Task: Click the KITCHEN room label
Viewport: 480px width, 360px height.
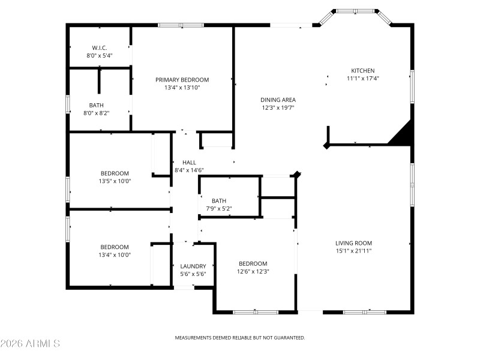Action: (x=362, y=70)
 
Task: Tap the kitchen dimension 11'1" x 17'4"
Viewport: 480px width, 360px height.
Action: (x=362, y=78)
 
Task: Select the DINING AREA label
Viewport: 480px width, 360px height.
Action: (x=278, y=100)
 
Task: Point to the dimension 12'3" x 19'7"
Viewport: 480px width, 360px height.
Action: (x=278, y=108)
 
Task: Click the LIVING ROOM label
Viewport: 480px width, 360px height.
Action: (x=353, y=243)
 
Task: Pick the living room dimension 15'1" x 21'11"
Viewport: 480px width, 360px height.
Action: (x=353, y=251)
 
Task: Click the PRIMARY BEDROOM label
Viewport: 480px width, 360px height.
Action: (x=182, y=80)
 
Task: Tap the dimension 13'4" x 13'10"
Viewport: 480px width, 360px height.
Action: (x=182, y=88)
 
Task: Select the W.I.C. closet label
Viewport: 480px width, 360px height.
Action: (x=100, y=47)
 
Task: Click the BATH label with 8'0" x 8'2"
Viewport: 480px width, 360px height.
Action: (x=96, y=105)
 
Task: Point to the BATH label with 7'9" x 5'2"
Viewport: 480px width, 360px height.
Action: (x=218, y=201)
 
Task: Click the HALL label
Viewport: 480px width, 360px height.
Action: (x=189, y=163)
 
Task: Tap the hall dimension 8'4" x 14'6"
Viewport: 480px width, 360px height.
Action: (x=189, y=170)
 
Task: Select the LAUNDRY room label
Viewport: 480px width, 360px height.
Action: (x=193, y=266)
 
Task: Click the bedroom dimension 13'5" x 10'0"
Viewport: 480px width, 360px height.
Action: (x=115, y=181)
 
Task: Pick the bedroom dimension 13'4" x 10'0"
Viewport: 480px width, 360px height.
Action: (x=115, y=254)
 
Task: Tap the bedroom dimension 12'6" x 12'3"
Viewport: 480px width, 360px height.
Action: (x=253, y=271)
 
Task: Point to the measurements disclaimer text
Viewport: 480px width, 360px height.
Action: (x=240, y=338)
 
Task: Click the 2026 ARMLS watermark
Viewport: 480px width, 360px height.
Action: (x=30, y=344)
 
